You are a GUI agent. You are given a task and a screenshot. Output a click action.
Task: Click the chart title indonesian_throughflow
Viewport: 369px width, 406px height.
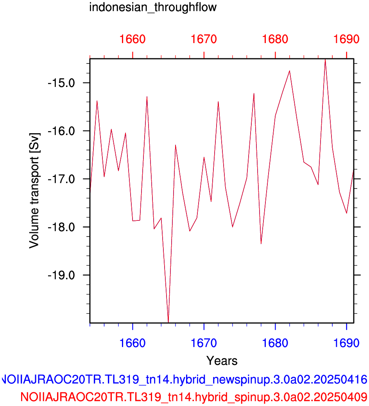153,7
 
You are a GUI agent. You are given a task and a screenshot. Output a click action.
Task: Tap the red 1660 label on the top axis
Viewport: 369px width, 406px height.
133,39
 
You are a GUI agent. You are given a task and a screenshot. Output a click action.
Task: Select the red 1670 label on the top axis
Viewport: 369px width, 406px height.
204,39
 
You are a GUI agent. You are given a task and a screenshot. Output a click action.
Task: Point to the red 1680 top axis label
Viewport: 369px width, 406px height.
275,39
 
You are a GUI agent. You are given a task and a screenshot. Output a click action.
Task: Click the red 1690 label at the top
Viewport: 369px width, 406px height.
346,39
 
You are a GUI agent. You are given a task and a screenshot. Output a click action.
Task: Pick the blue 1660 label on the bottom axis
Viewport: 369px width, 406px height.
133,343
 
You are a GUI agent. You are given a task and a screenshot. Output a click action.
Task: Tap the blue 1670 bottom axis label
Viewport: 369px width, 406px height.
204,343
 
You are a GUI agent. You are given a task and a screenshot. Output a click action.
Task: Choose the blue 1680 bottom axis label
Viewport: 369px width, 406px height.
275,343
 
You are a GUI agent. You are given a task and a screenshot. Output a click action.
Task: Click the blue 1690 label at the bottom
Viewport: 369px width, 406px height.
346,343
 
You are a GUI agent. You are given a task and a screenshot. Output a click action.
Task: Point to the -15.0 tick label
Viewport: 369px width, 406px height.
61,83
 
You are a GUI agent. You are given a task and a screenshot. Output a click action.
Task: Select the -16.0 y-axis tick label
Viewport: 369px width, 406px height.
61,131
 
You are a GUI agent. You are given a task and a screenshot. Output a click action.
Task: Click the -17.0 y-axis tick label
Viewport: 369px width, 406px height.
61,179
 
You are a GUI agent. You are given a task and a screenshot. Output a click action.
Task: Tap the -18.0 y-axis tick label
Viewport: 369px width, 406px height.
61,227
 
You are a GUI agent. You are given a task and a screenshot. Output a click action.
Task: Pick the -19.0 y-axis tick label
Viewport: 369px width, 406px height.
61,275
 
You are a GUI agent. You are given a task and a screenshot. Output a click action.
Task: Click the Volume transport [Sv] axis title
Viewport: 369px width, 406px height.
34,191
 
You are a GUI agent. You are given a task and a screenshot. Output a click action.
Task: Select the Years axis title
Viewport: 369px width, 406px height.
222,361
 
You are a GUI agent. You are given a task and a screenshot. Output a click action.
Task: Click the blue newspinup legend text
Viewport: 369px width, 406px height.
184,380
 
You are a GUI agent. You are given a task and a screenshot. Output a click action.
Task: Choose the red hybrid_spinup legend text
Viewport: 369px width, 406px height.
194,397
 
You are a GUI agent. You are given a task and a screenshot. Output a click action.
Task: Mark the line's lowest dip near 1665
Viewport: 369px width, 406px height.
168,322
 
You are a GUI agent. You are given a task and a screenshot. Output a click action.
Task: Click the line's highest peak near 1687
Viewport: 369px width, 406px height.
325,60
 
